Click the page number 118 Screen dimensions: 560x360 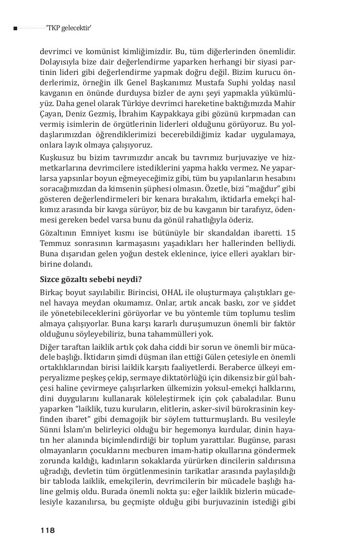coord(47,530)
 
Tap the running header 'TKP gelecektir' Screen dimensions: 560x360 coord(69,28)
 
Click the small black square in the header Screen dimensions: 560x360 coord(15,28)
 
